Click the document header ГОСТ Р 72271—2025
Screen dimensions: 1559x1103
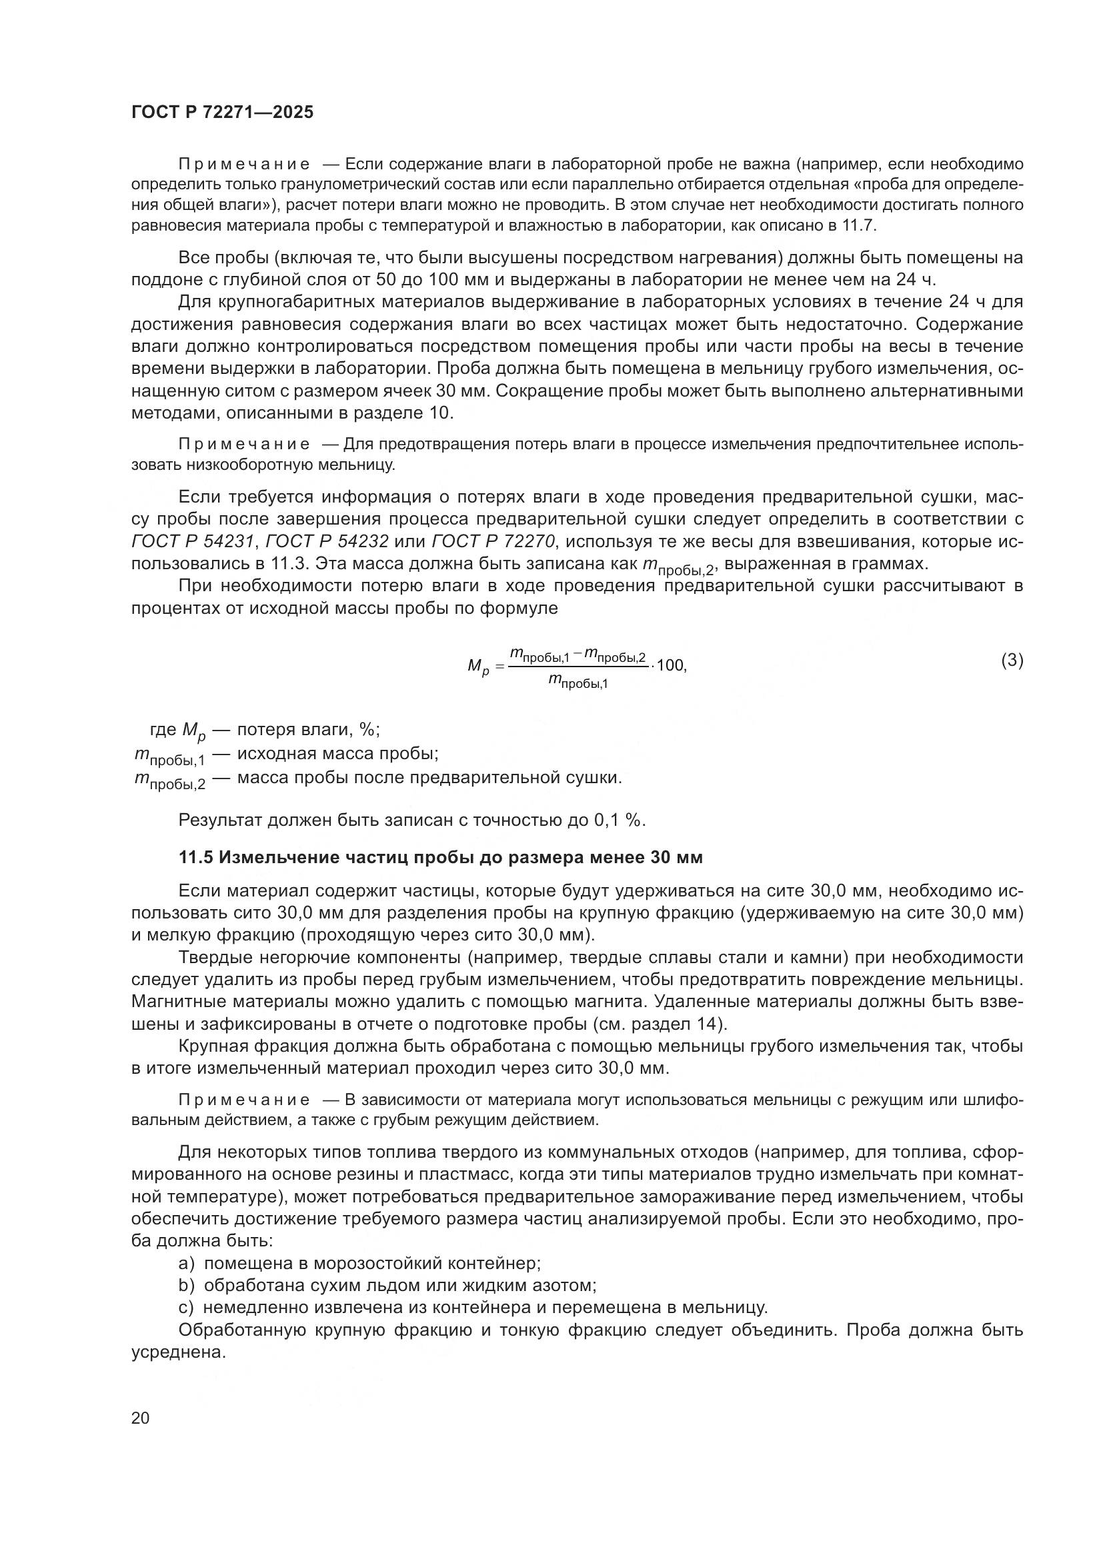pos(222,113)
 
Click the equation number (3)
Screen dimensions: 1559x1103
pos(1012,660)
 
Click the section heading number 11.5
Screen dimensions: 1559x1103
pos(196,858)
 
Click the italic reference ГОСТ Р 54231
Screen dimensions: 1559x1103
pos(192,541)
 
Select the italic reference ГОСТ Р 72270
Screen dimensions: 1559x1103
pos(493,541)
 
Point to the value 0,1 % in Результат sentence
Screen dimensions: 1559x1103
pos(618,820)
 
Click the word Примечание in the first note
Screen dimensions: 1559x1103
pos(244,165)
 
